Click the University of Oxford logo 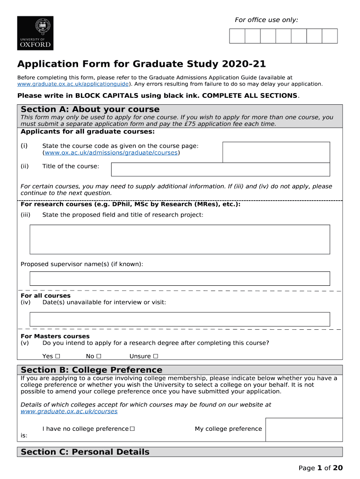click(x=35, y=33)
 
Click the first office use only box click(x=237, y=36)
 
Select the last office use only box click(x=330, y=36)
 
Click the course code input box click(x=276, y=152)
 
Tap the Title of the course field click(x=220, y=169)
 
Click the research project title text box click(x=180, y=239)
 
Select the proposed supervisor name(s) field click(x=180, y=278)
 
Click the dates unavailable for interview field click(x=180, y=319)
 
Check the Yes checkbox click(x=58, y=356)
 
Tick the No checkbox click(x=99, y=356)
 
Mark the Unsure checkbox click(x=155, y=356)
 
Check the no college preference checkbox click(x=132, y=429)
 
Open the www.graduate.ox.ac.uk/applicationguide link click(x=73, y=84)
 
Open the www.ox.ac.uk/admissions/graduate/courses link click(x=111, y=153)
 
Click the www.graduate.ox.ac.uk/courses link click(x=69, y=412)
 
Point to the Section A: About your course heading click(x=90, y=109)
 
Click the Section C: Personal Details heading click(x=85, y=452)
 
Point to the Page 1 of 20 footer click(x=321, y=468)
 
